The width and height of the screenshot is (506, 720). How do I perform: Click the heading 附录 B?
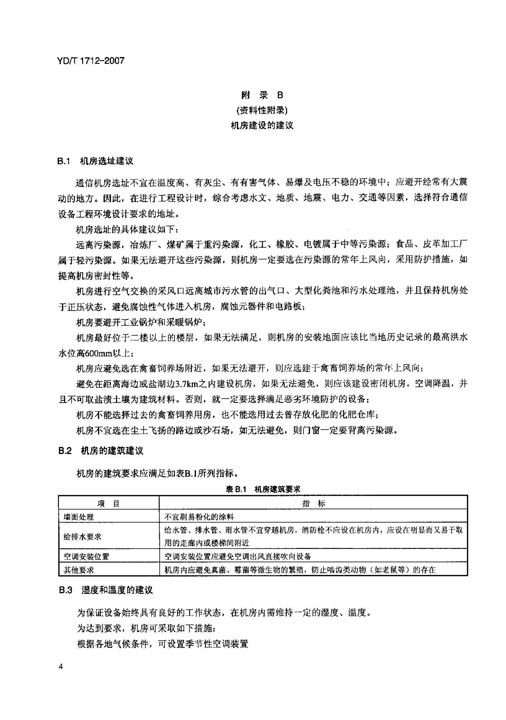point(262,95)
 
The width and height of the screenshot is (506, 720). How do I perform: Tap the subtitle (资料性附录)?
point(262,110)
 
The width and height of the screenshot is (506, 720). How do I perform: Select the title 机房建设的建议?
point(262,125)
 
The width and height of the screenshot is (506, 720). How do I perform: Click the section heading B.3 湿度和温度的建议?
point(106,590)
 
